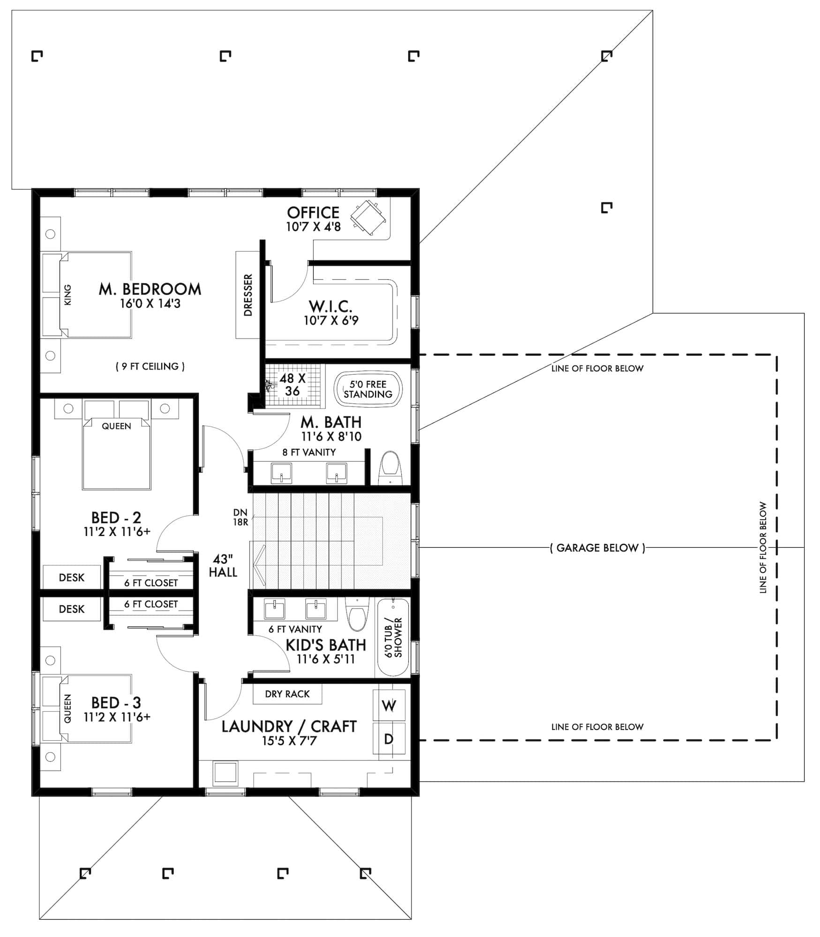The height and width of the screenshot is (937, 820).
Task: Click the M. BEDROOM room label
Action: point(150,289)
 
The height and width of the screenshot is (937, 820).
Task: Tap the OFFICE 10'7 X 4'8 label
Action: point(313,219)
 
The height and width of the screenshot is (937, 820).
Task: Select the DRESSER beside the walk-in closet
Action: point(248,295)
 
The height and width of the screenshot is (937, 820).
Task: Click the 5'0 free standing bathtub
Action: point(368,389)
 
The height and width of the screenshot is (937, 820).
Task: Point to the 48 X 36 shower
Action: point(293,384)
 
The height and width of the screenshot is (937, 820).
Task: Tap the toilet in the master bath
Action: point(390,468)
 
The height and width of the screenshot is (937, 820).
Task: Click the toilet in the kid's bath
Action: point(357,614)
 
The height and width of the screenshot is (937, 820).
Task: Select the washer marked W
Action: point(389,705)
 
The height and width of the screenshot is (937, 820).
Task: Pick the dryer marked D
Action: point(389,739)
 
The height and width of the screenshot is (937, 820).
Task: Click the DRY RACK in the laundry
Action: point(287,694)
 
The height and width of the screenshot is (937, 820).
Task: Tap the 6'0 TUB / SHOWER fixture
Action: point(393,637)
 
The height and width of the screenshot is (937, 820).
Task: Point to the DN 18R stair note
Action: point(240,517)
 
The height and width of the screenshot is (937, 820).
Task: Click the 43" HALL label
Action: point(223,565)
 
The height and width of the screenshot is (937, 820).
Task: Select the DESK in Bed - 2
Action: point(71,577)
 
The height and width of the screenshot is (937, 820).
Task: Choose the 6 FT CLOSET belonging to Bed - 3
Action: point(150,604)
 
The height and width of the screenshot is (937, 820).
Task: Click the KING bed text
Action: point(68,295)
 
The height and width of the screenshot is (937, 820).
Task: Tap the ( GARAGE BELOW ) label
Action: point(597,548)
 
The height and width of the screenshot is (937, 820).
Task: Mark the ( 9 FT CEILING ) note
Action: point(150,366)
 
